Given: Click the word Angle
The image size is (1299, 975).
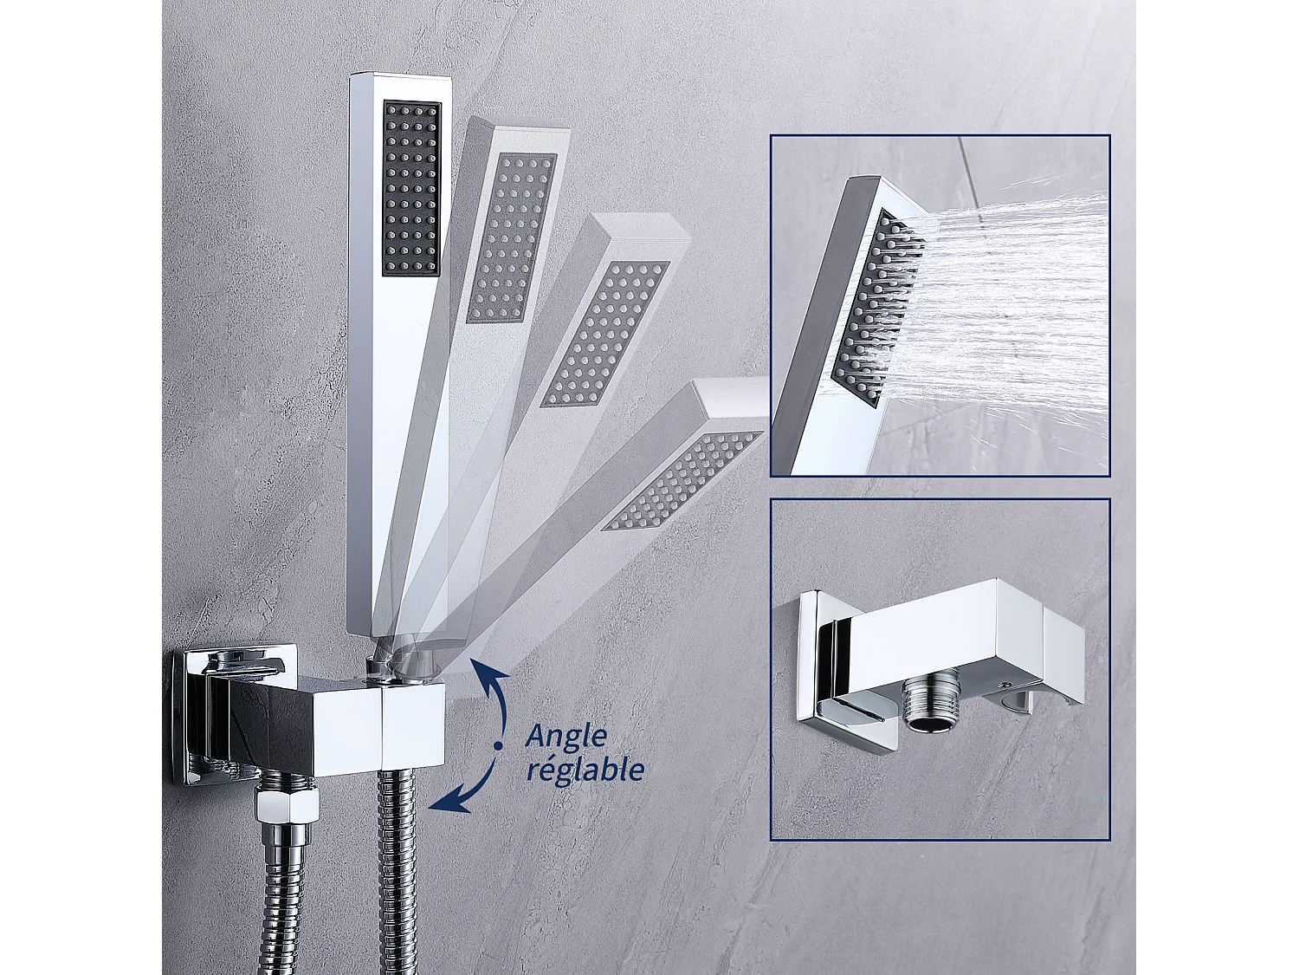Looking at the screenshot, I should coord(566,737).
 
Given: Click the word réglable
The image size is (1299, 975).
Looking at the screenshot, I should coord(585,769).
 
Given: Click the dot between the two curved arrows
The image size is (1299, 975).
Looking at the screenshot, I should coord(498,744).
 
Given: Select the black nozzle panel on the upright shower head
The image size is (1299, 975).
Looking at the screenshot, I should coord(410,188).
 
